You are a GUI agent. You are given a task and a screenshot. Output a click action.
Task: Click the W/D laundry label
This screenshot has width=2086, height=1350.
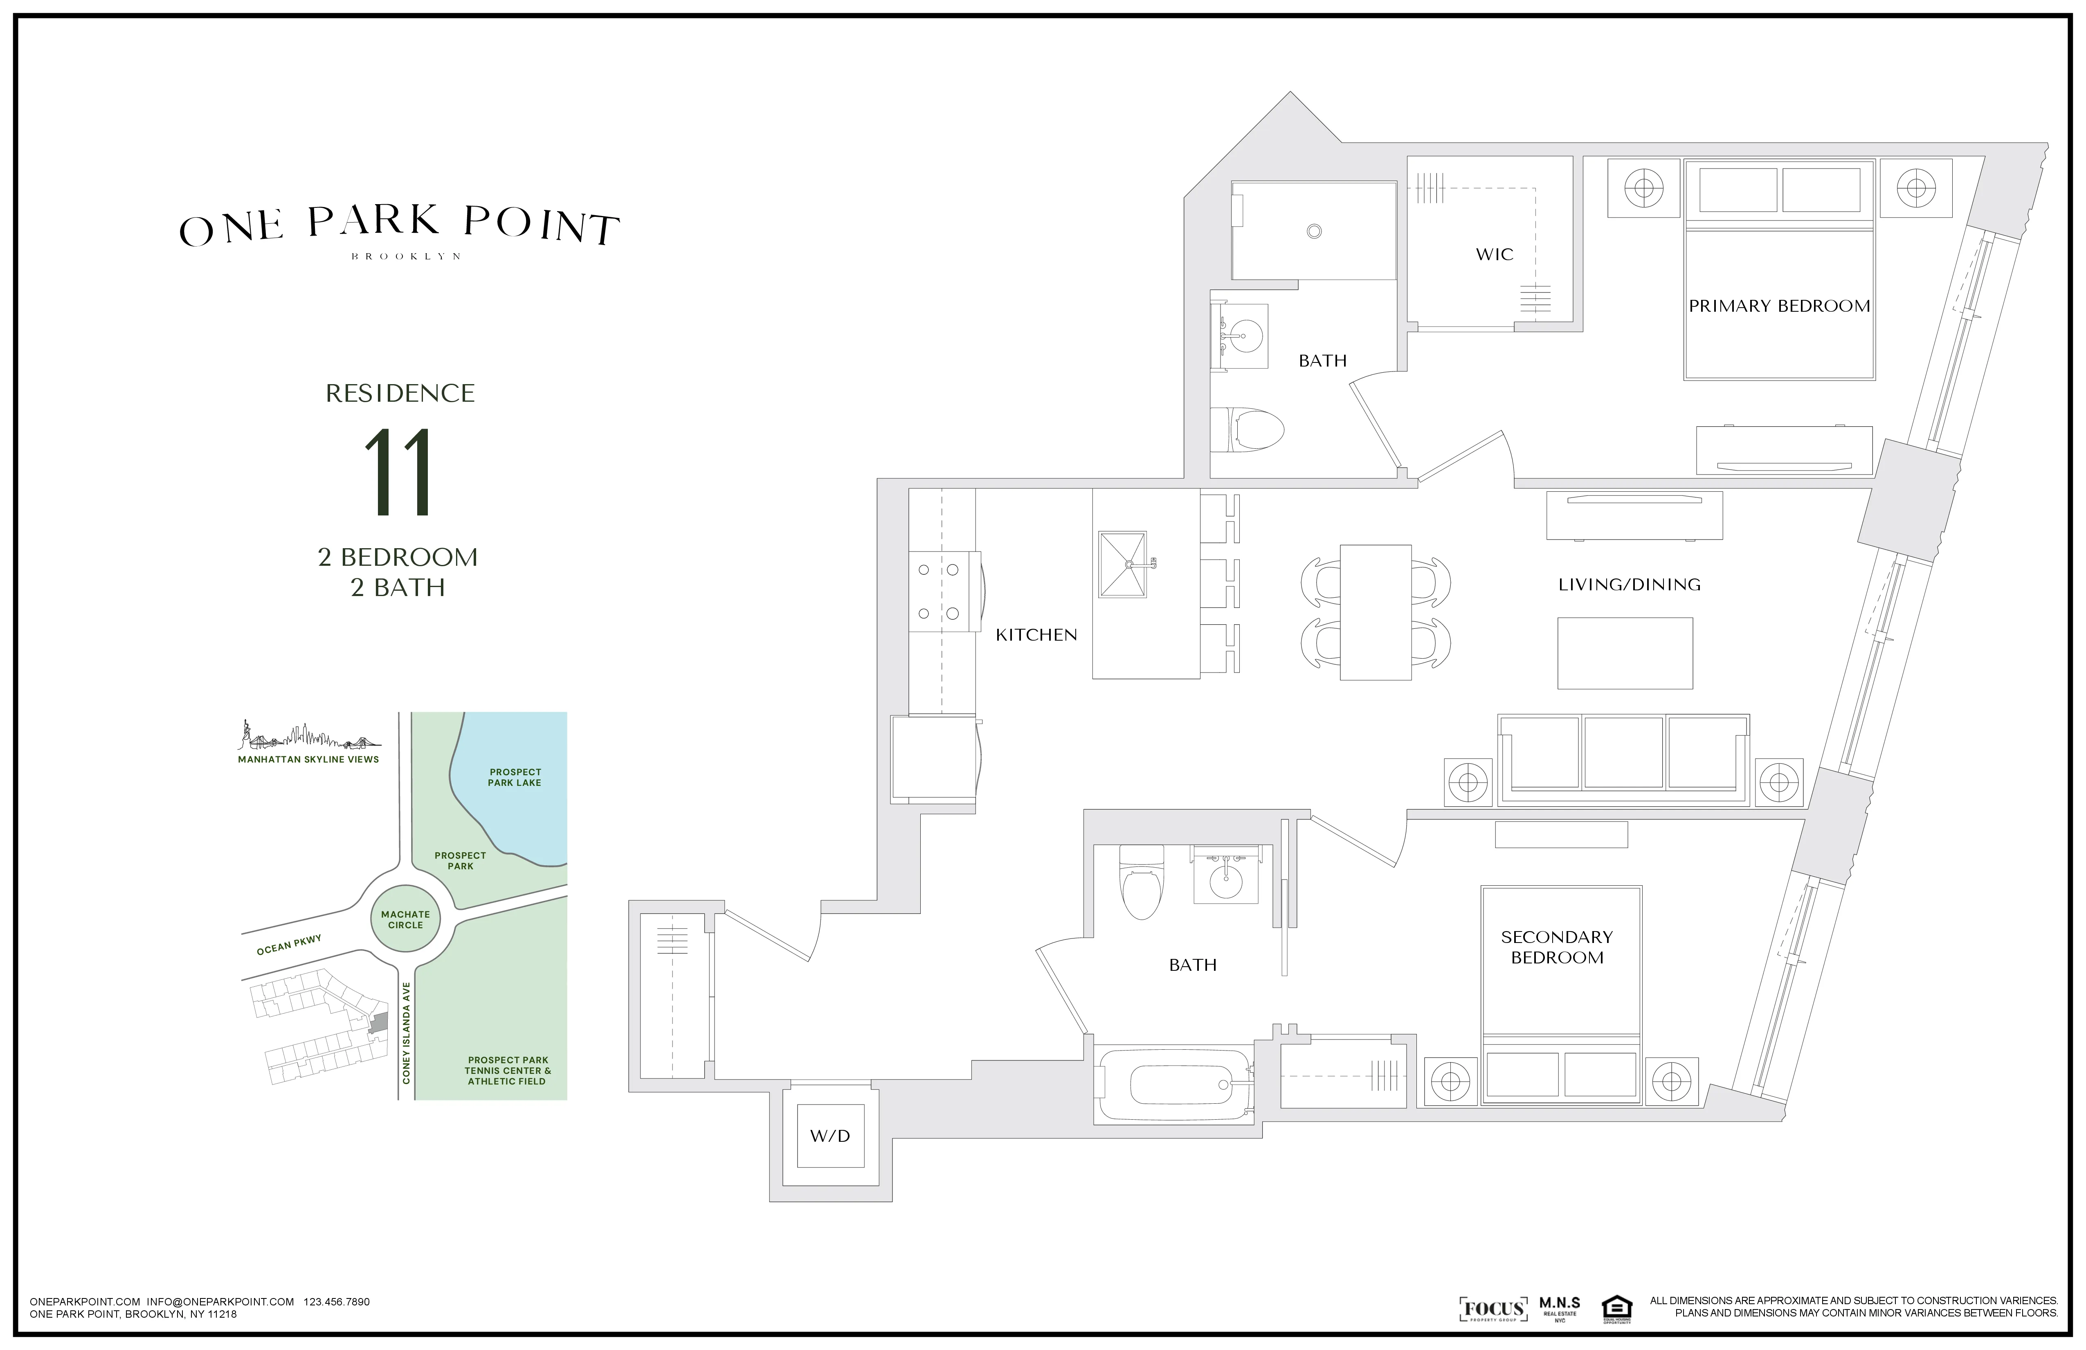tap(829, 1136)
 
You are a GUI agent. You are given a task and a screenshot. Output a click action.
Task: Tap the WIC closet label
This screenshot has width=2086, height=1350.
tap(1495, 254)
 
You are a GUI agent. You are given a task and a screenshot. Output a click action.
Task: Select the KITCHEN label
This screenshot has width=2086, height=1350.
tap(1036, 634)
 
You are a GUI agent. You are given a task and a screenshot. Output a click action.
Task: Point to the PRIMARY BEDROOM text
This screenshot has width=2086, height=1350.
tap(1779, 306)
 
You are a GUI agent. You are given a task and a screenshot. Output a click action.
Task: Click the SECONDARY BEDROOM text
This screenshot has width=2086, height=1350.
tap(1557, 947)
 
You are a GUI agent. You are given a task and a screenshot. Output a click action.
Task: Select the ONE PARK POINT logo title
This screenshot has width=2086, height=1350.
tap(400, 226)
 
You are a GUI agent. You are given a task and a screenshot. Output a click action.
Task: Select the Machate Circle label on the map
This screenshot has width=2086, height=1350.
tap(405, 919)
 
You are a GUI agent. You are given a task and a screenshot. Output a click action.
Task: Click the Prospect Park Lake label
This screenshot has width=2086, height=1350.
tap(515, 778)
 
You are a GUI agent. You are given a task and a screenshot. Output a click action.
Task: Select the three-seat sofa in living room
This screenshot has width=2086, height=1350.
tap(1623, 759)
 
